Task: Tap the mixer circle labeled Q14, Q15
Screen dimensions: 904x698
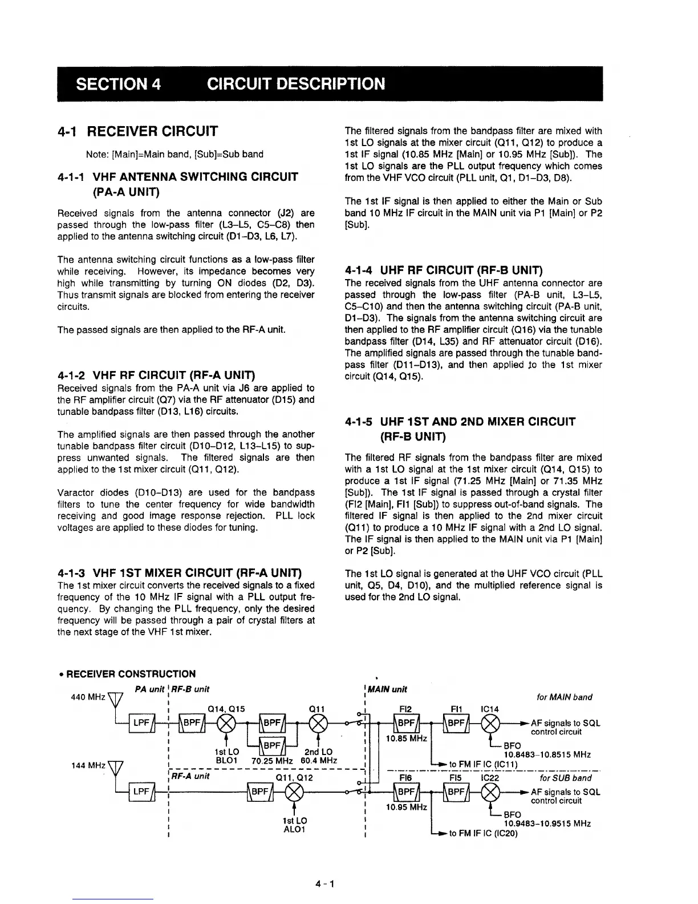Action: click(227, 723)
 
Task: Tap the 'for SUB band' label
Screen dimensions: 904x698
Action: click(566, 778)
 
